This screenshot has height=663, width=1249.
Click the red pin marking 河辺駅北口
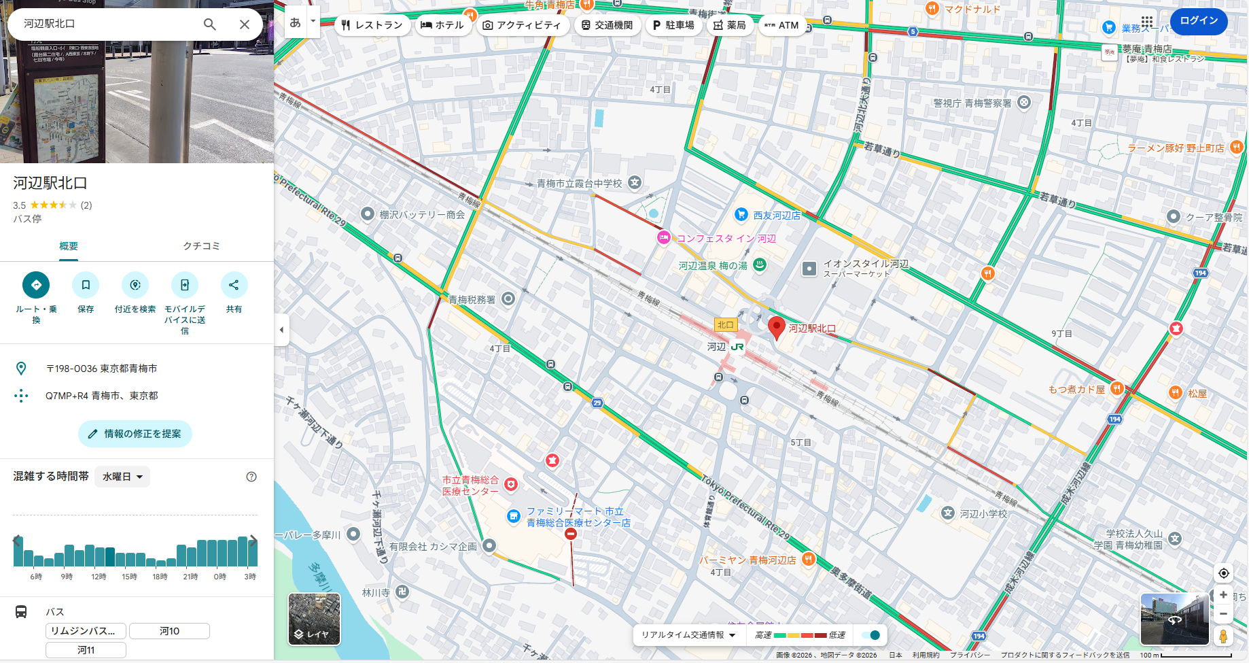coord(776,326)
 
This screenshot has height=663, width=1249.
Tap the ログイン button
coord(1199,21)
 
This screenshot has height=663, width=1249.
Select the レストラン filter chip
coord(372,25)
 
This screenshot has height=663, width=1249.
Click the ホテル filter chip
coord(442,25)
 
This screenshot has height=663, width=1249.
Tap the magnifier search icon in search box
coord(210,24)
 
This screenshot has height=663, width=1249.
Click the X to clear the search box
coord(245,24)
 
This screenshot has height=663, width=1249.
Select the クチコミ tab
coord(201,246)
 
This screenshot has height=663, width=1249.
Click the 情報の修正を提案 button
coord(135,434)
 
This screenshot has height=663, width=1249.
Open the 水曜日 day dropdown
coord(122,477)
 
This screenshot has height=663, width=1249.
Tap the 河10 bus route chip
coord(169,631)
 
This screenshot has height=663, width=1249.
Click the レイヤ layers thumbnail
coord(314,619)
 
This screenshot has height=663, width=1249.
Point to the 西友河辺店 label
coord(776,216)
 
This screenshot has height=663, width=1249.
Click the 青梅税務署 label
coord(472,299)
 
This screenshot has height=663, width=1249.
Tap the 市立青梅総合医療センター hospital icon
coord(511,484)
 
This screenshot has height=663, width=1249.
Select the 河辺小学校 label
coord(983,514)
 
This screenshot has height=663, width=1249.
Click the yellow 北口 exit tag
coord(725,325)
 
